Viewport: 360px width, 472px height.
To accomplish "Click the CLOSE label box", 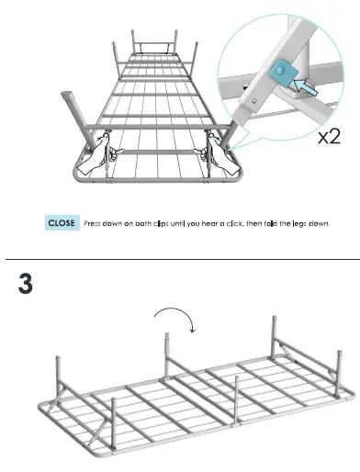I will pos(62,222).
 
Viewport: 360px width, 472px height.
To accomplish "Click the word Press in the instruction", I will pos(95,223).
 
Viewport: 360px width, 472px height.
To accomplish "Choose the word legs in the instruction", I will pos(305,223).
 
